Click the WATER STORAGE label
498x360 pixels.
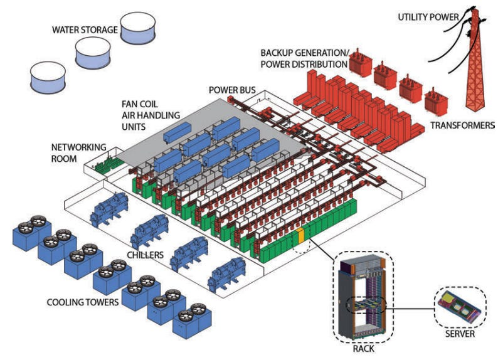click(84, 29)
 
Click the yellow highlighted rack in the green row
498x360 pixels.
click(300, 236)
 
